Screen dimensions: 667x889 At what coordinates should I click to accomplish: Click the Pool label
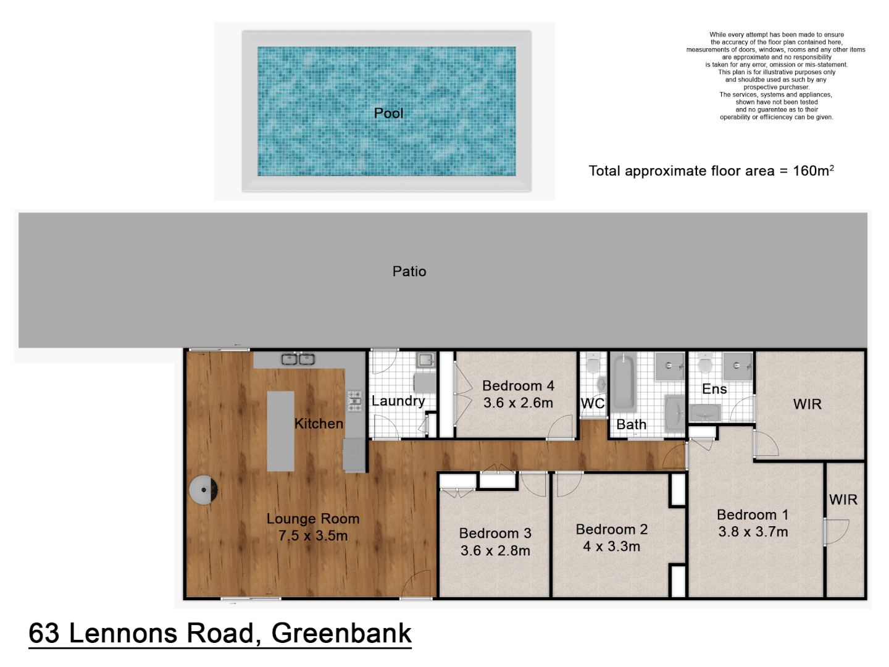click(388, 113)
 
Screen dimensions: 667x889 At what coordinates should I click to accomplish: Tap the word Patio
click(409, 271)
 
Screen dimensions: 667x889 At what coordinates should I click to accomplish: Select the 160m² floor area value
click(813, 170)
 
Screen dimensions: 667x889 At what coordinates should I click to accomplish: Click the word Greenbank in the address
click(341, 633)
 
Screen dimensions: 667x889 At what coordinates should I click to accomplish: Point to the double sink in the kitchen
click(298, 359)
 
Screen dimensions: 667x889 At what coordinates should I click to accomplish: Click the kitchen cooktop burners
click(354, 400)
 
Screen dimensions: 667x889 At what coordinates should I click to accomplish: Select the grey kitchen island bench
click(280, 430)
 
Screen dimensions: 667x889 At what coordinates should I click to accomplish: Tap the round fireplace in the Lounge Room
click(204, 490)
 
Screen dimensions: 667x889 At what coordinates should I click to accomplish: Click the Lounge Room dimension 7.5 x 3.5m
click(313, 535)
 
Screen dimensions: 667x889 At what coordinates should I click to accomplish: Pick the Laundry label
click(398, 401)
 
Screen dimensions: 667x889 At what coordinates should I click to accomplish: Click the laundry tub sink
click(425, 359)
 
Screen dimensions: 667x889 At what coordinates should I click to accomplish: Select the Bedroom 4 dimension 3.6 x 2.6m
click(518, 403)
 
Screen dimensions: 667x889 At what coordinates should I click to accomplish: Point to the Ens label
click(714, 389)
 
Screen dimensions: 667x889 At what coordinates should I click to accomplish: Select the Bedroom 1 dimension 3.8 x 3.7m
click(753, 532)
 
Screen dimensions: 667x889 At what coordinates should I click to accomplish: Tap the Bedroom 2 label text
click(611, 529)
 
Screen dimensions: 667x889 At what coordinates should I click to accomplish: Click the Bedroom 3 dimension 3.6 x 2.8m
click(495, 550)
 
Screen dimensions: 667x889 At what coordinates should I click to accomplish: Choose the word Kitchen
click(319, 424)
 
